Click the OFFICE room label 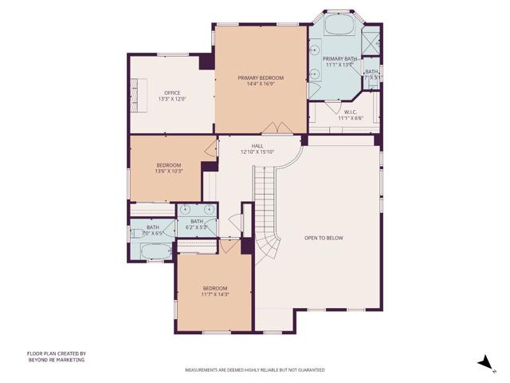tap(172, 93)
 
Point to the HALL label tap(257, 146)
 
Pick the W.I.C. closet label tap(349, 112)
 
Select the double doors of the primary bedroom tap(276, 129)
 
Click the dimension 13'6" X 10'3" tap(169, 170)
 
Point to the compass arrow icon tap(483, 362)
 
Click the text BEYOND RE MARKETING tap(56, 360)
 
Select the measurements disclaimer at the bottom tap(255, 370)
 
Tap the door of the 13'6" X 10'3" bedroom tap(211, 148)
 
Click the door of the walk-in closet tap(332, 107)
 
